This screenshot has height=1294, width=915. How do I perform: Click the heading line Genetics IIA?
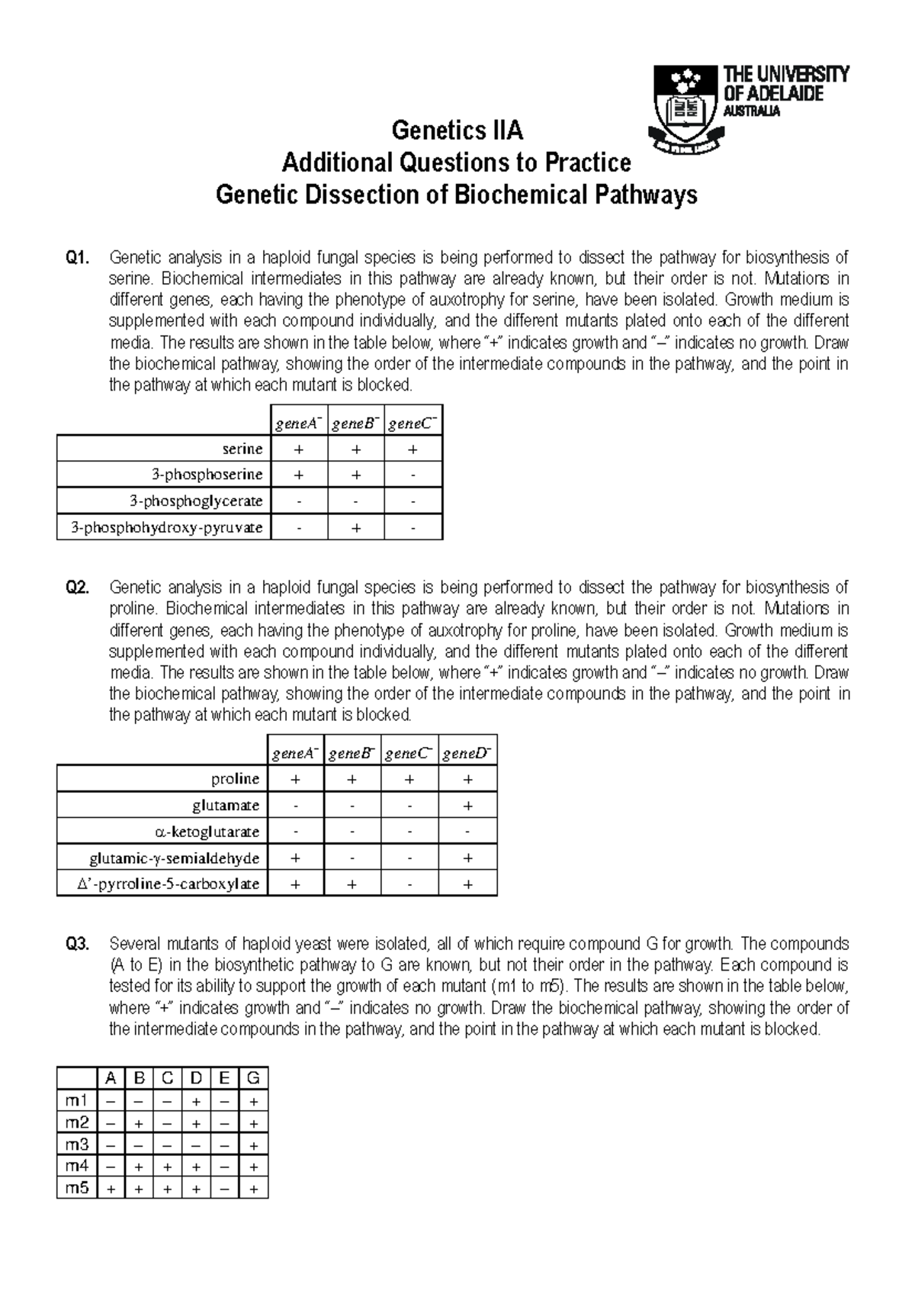[x=457, y=131]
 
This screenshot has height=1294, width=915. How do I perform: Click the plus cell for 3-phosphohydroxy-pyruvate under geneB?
[x=355, y=527]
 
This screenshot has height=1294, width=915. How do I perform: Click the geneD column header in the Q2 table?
[x=467, y=753]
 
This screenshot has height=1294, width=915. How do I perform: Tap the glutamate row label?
[x=226, y=805]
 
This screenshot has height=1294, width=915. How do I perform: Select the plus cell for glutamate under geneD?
[x=467, y=805]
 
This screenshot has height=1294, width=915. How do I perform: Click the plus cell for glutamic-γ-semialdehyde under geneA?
[x=295, y=858]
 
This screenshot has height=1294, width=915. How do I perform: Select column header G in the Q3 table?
[x=253, y=1078]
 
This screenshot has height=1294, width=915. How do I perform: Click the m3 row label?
[x=77, y=1144]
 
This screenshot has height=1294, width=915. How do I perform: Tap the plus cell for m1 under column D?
[x=196, y=1101]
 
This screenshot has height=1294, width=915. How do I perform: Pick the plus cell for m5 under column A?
[x=111, y=1189]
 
